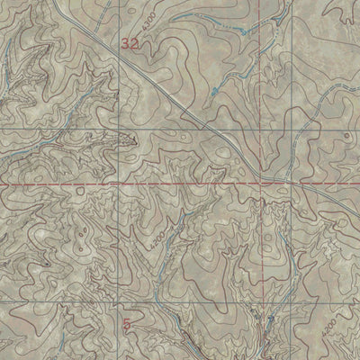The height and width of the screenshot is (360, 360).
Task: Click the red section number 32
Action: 130,42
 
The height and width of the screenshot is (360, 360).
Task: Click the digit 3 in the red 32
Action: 126,42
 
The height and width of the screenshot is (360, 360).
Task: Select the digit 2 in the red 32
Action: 136,42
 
